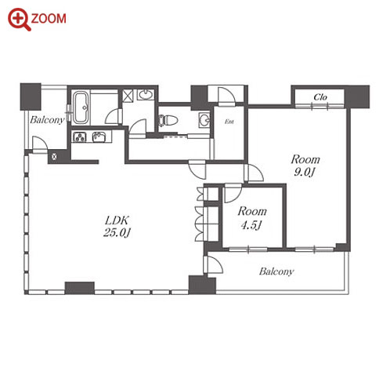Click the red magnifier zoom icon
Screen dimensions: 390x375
coord(19,19)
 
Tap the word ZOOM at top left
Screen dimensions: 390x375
coord(49,19)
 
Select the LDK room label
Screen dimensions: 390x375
coord(117,220)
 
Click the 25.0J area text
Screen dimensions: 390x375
coord(117,232)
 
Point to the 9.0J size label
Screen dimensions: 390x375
coord(305,172)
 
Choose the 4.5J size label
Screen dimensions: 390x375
coord(251,224)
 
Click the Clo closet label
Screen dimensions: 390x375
coord(320,97)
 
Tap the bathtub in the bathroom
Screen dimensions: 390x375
coord(81,107)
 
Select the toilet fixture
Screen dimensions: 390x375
coord(168,120)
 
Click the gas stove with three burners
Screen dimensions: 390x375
coord(80,137)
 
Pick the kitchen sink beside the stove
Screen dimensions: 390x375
coord(99,137)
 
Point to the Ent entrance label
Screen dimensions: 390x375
coord(229,122)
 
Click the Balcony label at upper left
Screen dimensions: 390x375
coord(47,120)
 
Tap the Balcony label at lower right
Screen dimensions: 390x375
coord(276,271)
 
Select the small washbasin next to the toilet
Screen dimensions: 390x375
coord(204,120)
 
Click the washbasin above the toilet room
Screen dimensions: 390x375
coord(146,95)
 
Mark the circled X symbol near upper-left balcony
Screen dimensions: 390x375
coord(54,157)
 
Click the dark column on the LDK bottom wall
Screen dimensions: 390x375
coord(80,288)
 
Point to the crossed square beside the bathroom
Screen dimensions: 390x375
coord(128,95)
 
